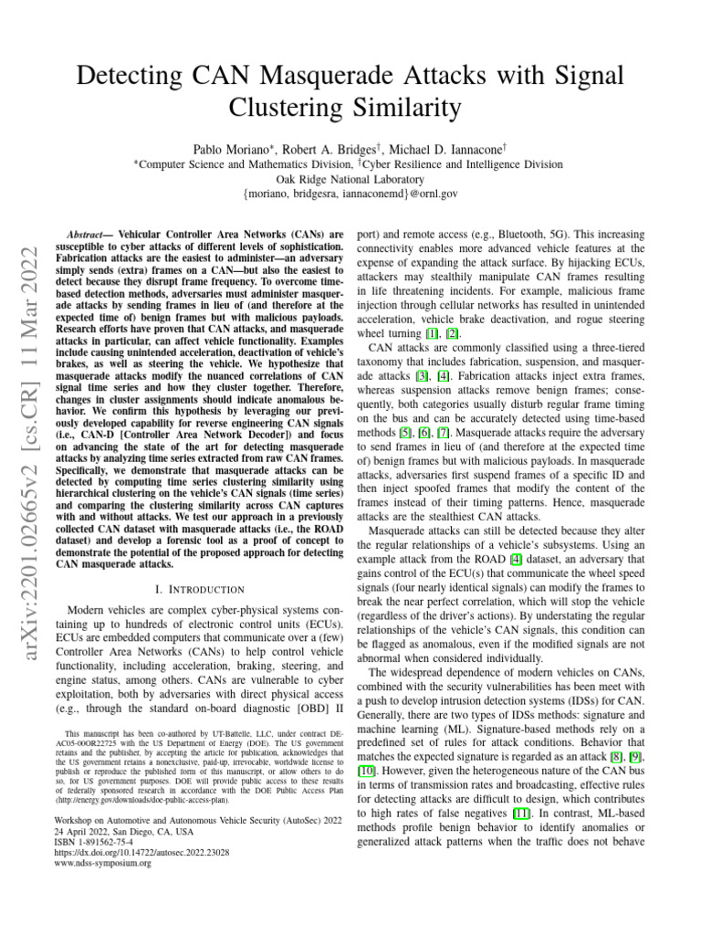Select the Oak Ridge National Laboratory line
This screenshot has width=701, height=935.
(351, 179)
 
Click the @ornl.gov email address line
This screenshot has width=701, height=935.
(351, 194)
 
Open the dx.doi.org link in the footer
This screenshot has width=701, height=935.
(141, 853)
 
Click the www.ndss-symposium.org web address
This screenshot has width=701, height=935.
(103, 864)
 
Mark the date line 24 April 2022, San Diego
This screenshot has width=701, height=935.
(123, 831)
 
